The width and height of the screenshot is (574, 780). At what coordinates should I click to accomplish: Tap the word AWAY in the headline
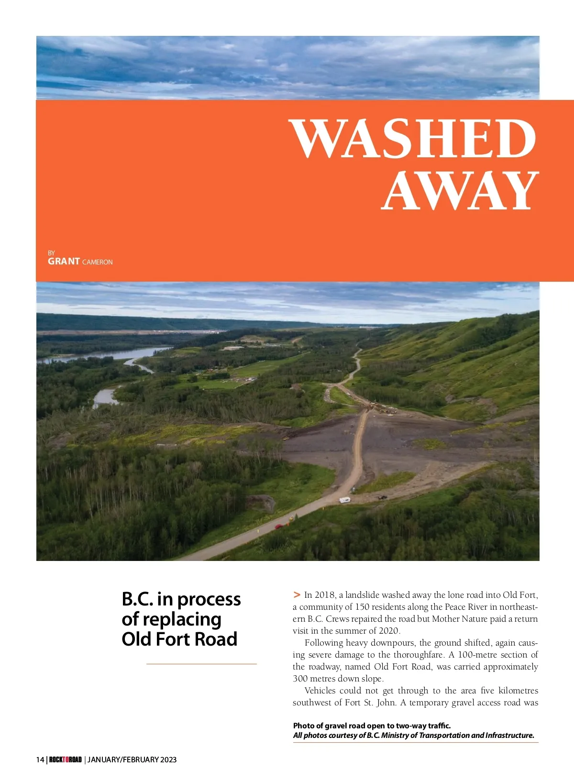coord(460,191)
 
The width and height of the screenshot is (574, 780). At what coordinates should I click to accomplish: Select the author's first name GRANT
coord(64,261)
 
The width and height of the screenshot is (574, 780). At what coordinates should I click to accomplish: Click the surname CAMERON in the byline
coord(98,262)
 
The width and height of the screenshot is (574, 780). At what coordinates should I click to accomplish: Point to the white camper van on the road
coord(344,500)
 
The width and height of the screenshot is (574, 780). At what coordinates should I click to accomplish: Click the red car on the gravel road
coord(279,527)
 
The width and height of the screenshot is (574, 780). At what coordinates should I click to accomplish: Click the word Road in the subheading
coord(220,639)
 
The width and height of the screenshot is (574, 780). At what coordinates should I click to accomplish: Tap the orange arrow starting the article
coord(297,594)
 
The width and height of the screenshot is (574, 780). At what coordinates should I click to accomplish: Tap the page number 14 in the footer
coord(40,759)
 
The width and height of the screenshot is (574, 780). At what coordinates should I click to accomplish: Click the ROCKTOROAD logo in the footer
coord(66,759)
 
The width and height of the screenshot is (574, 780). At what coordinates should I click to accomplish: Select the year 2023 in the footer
coord(168,759)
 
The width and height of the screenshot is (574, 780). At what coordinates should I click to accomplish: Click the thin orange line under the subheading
coord(201,664)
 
